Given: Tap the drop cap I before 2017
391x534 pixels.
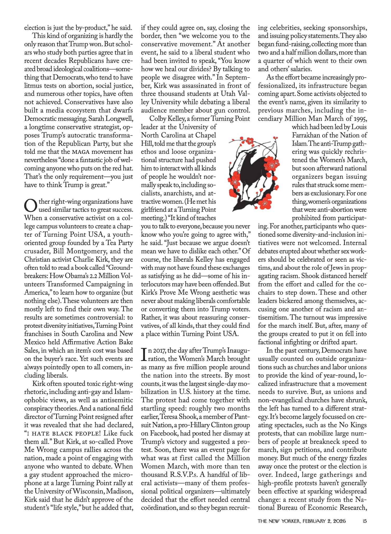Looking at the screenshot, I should [144, 355].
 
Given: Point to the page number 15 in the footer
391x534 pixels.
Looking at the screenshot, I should [365, 521].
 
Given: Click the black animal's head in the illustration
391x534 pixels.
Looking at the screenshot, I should [252, 152].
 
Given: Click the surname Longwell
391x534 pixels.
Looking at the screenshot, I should [120, 119].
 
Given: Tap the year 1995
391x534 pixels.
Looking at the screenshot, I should [359, 119].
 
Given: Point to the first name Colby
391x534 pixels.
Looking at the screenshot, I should [158, 119].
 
